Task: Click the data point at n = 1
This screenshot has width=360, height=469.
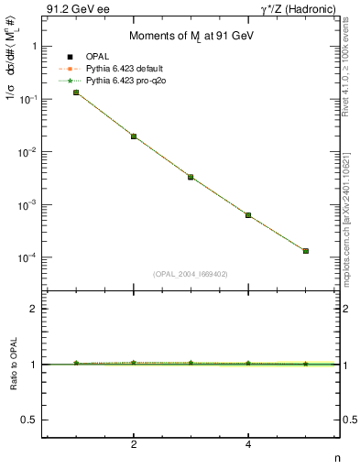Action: pyautogui.click(x=76, y=93)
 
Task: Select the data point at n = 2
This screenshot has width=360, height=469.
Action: pyautogui.click(x=134, y=136)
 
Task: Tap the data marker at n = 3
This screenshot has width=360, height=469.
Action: pyautogui.click(x=191, y=177)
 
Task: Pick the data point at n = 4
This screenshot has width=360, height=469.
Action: pyautogui.click(x=248, y=215)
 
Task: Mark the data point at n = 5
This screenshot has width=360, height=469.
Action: pyautogui.click(x=306, y=251)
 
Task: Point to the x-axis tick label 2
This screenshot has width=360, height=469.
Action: pyautogui.click(x=134, y=445)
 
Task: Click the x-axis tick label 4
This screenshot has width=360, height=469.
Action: pyautogui.click(x=248, y=445)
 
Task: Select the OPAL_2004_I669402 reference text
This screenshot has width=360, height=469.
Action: pyautogui.click(x=191, y=273)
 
